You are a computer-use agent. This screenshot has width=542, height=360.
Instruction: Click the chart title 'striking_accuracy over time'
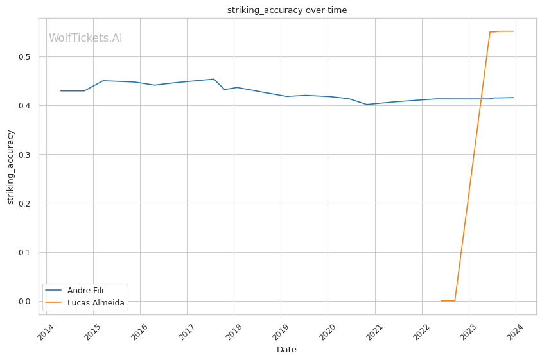(286, 10)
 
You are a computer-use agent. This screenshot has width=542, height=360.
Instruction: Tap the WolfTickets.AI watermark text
(85, 38)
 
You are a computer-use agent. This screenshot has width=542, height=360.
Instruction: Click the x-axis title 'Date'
(286, 350)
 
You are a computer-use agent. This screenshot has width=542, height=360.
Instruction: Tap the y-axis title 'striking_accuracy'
(10, 167)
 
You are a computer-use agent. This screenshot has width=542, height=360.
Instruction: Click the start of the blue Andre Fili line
(61, 91)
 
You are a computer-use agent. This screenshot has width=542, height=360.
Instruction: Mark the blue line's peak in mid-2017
(213, 79)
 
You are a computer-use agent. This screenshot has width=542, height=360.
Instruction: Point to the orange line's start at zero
(441, 300)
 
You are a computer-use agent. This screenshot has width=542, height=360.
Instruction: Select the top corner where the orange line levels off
(490, 32)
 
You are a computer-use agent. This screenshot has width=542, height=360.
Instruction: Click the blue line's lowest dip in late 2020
(367, 105)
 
